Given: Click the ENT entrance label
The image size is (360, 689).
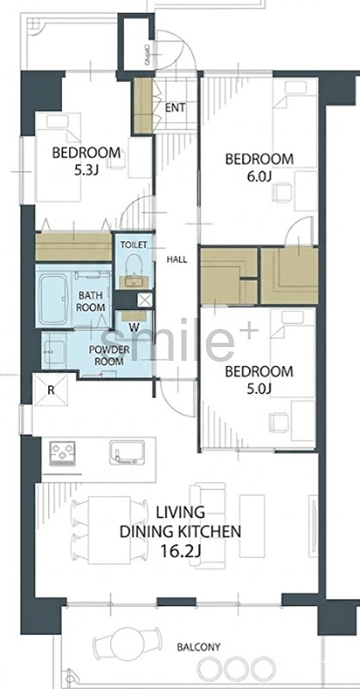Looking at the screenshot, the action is click(176, 108).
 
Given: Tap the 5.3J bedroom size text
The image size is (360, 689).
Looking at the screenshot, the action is click(86, 170).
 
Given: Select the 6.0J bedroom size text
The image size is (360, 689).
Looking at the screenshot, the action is click(259, 176).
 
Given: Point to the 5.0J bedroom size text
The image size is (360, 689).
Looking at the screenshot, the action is click(259, 388).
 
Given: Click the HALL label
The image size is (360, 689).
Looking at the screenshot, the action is click(177, 260).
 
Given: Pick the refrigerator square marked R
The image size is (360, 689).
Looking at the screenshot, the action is click(51, 390).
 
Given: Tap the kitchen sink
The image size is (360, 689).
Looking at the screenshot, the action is click(127, 453).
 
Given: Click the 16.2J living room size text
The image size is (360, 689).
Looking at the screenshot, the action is click(180, 551).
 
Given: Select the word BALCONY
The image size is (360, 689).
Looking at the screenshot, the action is click(199, 648).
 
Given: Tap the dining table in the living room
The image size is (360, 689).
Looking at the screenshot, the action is click(109, 531).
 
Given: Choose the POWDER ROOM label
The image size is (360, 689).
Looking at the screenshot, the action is click(109, 356).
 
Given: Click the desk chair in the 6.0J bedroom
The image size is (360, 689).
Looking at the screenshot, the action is click(282, 192).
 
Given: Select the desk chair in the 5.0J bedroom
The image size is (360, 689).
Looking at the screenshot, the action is click(279, 423).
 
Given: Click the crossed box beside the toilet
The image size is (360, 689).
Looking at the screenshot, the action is click(144, 301).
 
